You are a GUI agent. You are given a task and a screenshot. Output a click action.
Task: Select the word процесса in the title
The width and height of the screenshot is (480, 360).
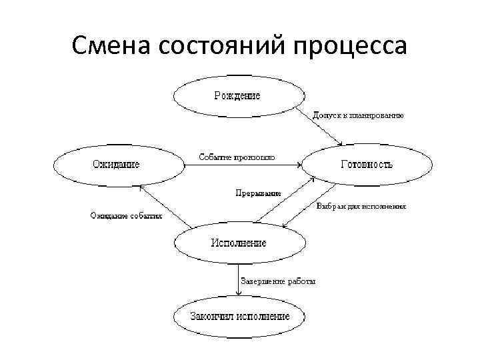352,46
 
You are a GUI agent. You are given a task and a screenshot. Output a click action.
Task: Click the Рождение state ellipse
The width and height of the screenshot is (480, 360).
237,96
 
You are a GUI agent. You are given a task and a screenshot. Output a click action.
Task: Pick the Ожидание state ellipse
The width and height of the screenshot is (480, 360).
116,164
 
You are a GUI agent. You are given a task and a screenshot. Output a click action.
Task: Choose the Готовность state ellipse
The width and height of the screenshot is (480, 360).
366,164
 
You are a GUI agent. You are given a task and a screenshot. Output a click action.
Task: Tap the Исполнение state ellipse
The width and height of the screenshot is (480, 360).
238,243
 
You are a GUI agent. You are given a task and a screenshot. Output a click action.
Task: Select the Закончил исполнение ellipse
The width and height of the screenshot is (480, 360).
240,316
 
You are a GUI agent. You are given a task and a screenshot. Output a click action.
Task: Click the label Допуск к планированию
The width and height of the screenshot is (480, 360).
358,115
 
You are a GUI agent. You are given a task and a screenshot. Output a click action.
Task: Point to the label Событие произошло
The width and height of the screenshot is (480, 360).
237,157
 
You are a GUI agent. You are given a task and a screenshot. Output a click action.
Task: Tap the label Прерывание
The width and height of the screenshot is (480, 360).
257,193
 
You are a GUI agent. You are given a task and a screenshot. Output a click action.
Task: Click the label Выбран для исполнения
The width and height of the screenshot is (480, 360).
361,207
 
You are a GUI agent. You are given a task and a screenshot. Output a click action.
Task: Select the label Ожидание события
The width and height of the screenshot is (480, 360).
126,215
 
